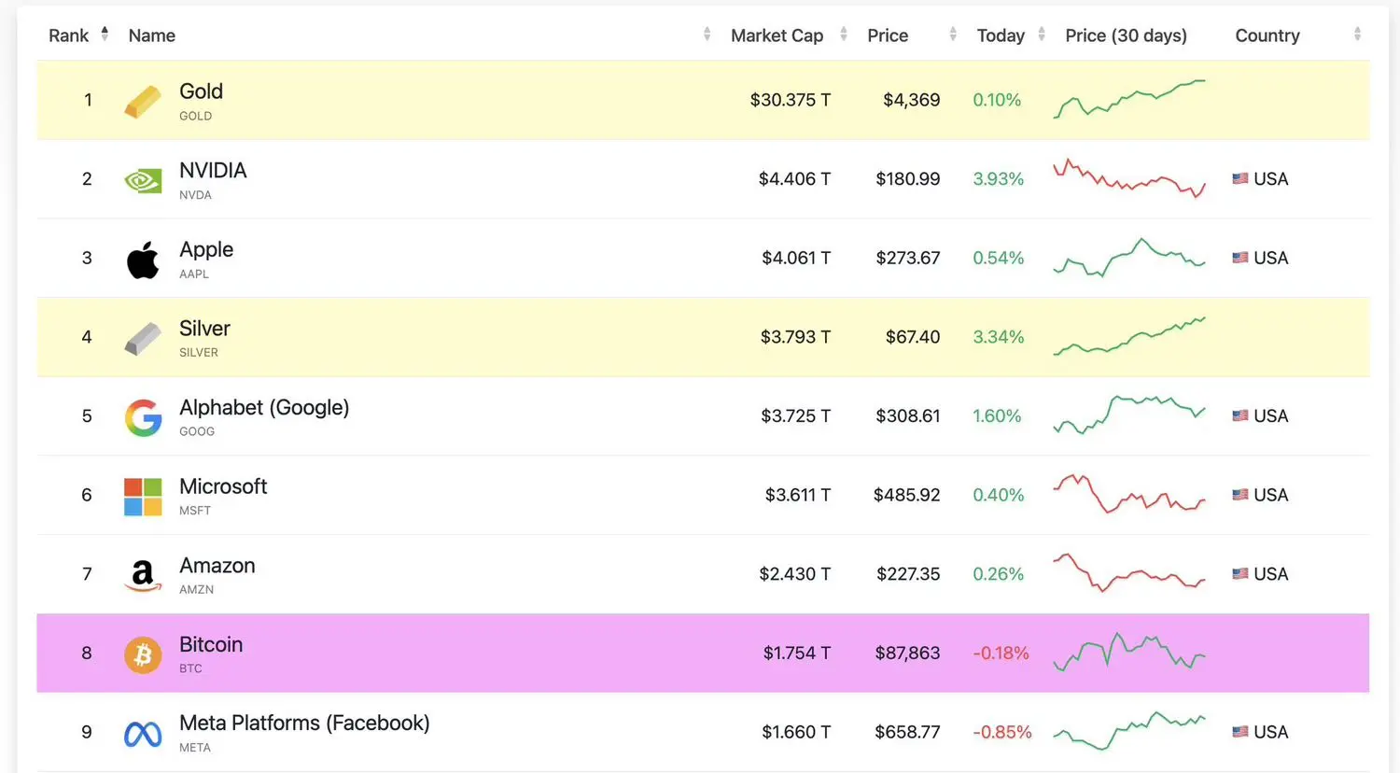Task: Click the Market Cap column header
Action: (x=777, y=35)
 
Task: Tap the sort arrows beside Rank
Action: (x=105, y=35)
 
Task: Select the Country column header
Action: (x=1267, y=35)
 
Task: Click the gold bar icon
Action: (x=143, y=101)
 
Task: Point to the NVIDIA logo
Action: (x=143, y=179)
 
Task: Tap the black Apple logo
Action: (x=143, y=260)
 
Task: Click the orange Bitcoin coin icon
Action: (x=143, y=654)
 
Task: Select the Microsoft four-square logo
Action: (x=143, y=497)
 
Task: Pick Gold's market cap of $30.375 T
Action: (x=790, y=100)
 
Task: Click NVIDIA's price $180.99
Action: (x=907, y=179)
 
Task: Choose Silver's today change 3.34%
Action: (x=998, y=337)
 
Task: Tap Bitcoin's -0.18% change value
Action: (x=1001, y=654)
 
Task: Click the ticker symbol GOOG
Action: (x=197, y=431)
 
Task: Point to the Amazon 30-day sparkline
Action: (x=1128, y=573)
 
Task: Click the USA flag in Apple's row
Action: (x=1239, y=258)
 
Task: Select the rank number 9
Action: (x=87, y=733)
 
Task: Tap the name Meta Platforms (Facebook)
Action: (x=304, y=724)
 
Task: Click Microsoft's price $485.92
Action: (x=906, y=495)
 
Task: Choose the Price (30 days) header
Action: (x=1126, y=35)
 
